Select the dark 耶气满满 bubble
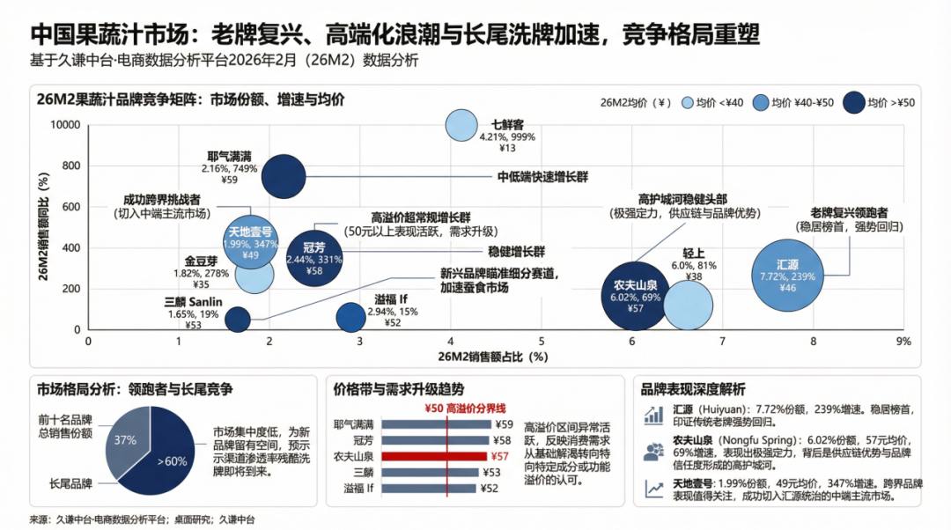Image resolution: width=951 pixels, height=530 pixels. pyautogui.click(x=284, y=176)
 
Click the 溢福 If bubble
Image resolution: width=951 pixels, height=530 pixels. pyautogui.click(x=350, y=318)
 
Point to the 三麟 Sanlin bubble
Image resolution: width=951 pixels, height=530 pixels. pyautogui.click(x=238, y=318)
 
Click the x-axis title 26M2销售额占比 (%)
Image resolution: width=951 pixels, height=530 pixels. pyautogui.click(x=493, y=357)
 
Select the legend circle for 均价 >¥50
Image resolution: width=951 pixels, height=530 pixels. pyautogui.click(x=854, y=102)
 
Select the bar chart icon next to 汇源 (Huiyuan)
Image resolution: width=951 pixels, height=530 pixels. pyautogui.click(x=653, y=415)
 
